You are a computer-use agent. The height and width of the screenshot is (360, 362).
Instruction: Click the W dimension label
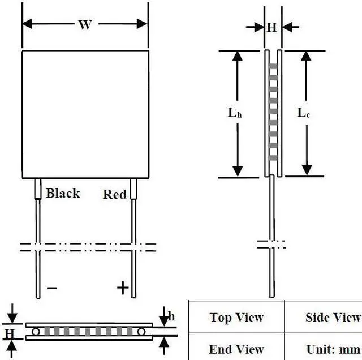(x=85, y=25)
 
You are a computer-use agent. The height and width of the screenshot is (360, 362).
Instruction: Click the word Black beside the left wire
(x=63, y=193)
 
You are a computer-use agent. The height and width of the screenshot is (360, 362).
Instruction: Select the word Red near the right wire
(x=115, y=194)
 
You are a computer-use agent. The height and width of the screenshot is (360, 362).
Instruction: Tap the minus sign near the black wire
(x=52, y=288)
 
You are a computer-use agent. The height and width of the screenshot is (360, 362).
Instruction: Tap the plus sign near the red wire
(x=123, y=288)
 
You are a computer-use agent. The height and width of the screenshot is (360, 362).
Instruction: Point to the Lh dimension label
(x=235, y=113)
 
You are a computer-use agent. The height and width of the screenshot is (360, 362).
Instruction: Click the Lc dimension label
(x=304, y=113)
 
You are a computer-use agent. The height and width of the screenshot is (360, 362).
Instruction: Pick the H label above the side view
(x=272, y=27)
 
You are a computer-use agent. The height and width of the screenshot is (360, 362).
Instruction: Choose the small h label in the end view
(x=172, y=316)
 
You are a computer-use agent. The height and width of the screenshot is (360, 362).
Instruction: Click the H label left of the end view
(x=9, y=332)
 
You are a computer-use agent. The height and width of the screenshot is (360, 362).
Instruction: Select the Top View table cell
(x=236, y=317)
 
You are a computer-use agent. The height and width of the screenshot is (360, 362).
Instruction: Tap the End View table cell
(x=236, y=349)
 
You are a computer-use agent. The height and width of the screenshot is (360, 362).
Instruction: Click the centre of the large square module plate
(x=85, y=113)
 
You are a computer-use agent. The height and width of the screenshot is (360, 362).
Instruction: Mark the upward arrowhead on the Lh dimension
(x=238, y=56)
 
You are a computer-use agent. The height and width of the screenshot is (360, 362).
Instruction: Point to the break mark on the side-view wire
(x=271, y=245)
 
